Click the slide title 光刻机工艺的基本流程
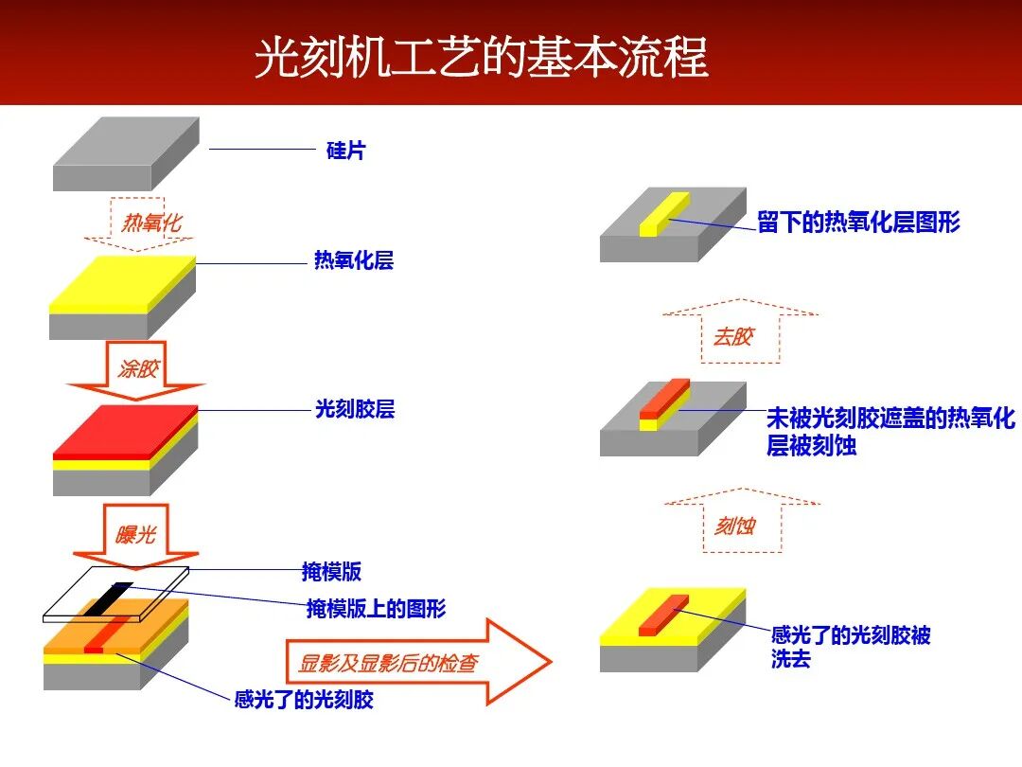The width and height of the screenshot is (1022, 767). pos(481,58)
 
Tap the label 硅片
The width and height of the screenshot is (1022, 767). pos(345,150)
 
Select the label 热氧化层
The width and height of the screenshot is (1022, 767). pos(353,260)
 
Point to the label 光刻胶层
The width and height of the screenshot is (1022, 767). pos(354,410)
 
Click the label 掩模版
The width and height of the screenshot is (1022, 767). pos(331,571)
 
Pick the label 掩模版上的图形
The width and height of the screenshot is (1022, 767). pos(376,608)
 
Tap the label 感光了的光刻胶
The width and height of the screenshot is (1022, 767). pos(304,701)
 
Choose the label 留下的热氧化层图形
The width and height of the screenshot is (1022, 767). pos(858,223)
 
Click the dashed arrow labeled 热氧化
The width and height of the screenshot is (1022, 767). pos(151,223)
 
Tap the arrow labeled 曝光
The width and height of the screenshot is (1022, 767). pos(136,534)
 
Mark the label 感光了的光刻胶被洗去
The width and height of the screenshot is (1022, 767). pos(850,647)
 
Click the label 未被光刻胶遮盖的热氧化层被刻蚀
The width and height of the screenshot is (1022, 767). pos(890,432)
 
